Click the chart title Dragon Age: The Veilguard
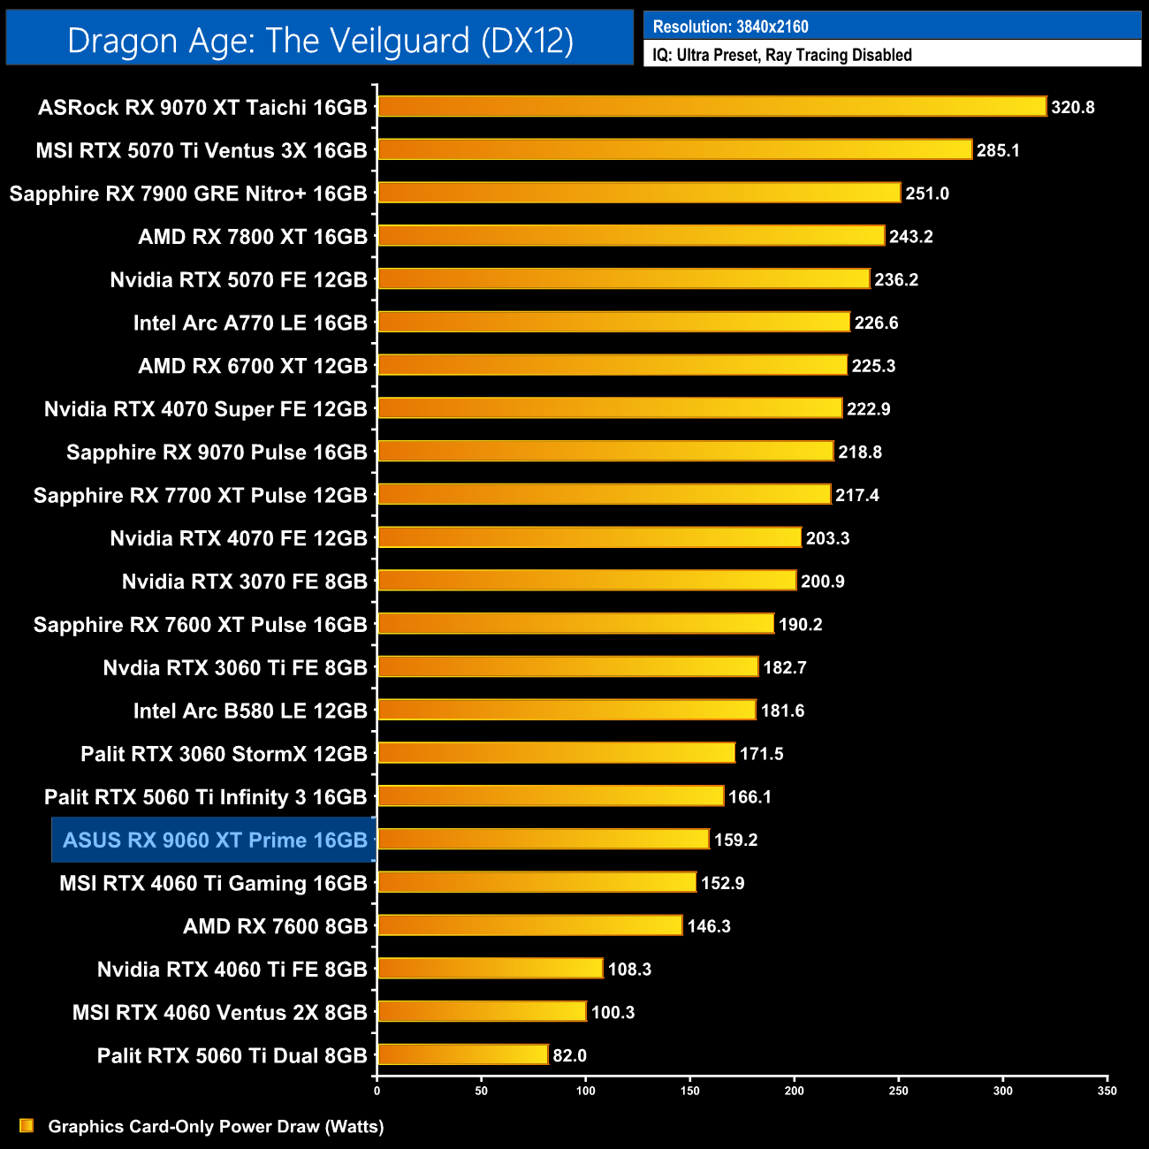click(320, 41)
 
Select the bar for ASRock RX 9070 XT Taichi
click(711, 107)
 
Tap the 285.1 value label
click(998, 150)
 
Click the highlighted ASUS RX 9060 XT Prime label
click(215, 840)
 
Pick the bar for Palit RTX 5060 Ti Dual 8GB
click(462, 1055)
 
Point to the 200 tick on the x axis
click(795, 1091)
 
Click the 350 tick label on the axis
click(1107, 1091)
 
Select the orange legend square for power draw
click(27, 1126)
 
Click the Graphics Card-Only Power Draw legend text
click(216, 1126)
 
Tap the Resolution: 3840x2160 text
click(730, 27)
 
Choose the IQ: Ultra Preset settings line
click(781, 55)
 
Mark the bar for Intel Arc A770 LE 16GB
click(613, 323)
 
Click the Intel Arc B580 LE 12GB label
click(250, 711)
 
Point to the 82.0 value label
click(569, 1055)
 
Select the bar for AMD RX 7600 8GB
click(529, 926)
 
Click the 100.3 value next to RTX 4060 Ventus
click(613, 1012)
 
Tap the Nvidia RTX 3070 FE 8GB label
click(244, 582)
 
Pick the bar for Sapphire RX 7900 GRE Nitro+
click(639, 194)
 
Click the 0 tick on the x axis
click(377, 1091)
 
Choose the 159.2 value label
click(735, 840)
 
